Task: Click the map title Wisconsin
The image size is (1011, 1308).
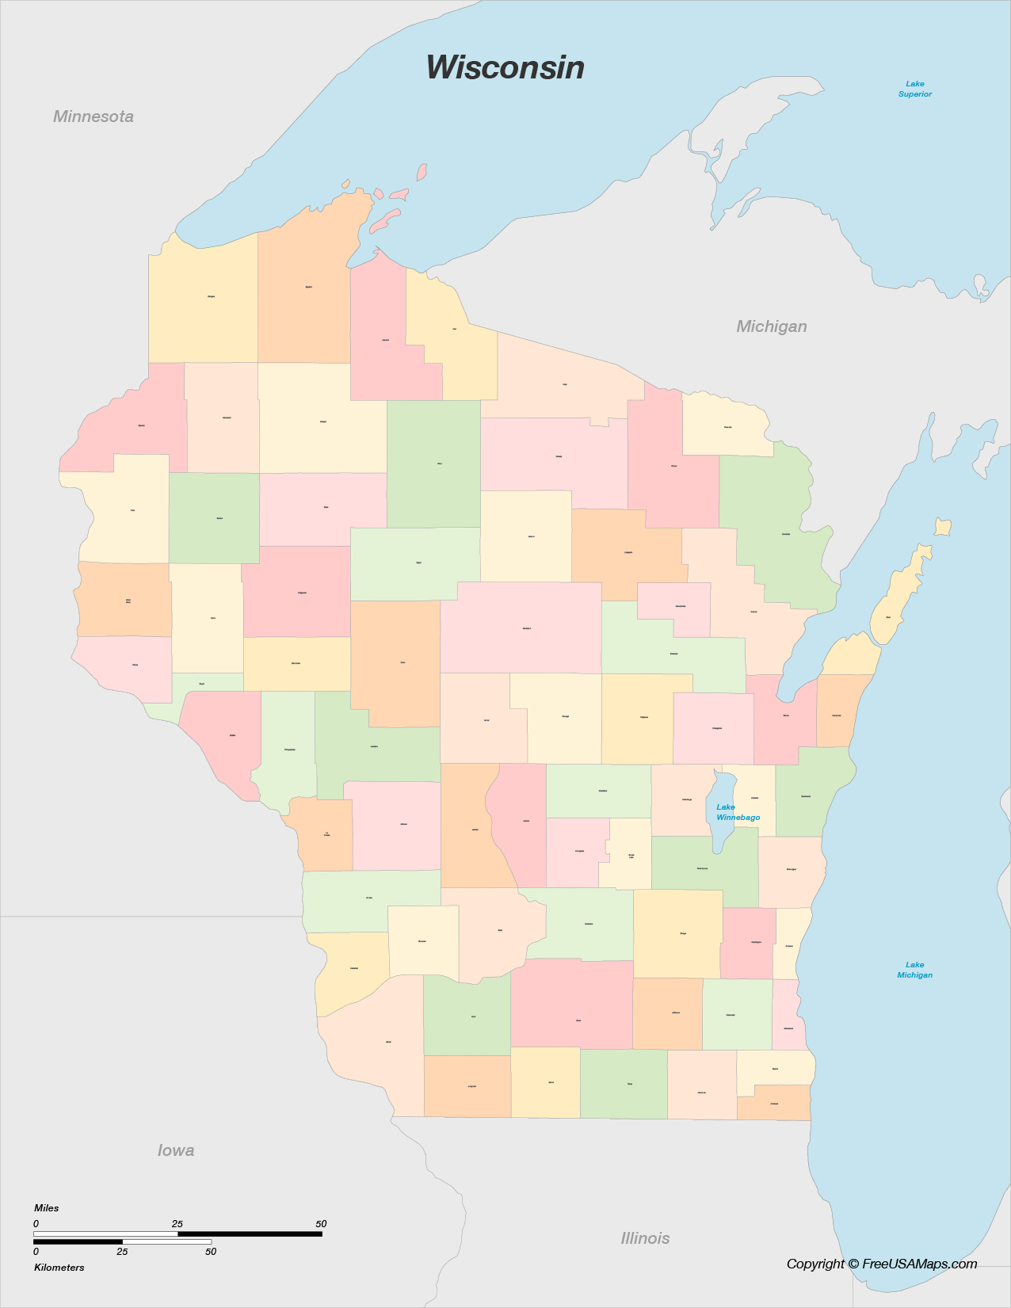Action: point(505,68)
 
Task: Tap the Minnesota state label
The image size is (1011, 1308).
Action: point(93,116)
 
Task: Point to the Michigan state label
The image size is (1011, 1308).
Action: point(771,326)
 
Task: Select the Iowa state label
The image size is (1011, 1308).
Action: point(176,1150)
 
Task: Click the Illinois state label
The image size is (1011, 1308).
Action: point(645,1238)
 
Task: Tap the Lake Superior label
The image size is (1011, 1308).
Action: point(914,89)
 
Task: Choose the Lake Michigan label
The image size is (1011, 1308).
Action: point(914,970)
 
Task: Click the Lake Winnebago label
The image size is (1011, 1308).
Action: point(738,812)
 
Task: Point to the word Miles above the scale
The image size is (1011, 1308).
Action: point(47,1208)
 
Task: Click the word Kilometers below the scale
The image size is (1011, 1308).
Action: point(59,1268)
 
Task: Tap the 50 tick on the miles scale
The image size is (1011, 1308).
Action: point(321,1224)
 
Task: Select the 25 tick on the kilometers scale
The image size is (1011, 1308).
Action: point(122,1252)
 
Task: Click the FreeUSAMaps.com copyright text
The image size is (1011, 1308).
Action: point(881,1264)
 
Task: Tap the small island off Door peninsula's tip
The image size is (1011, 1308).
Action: point(942,527)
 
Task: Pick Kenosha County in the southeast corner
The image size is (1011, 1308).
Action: point(774,1102)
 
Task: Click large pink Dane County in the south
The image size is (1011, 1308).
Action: point(572,1005)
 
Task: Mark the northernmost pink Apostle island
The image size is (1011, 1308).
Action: point(422,171)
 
